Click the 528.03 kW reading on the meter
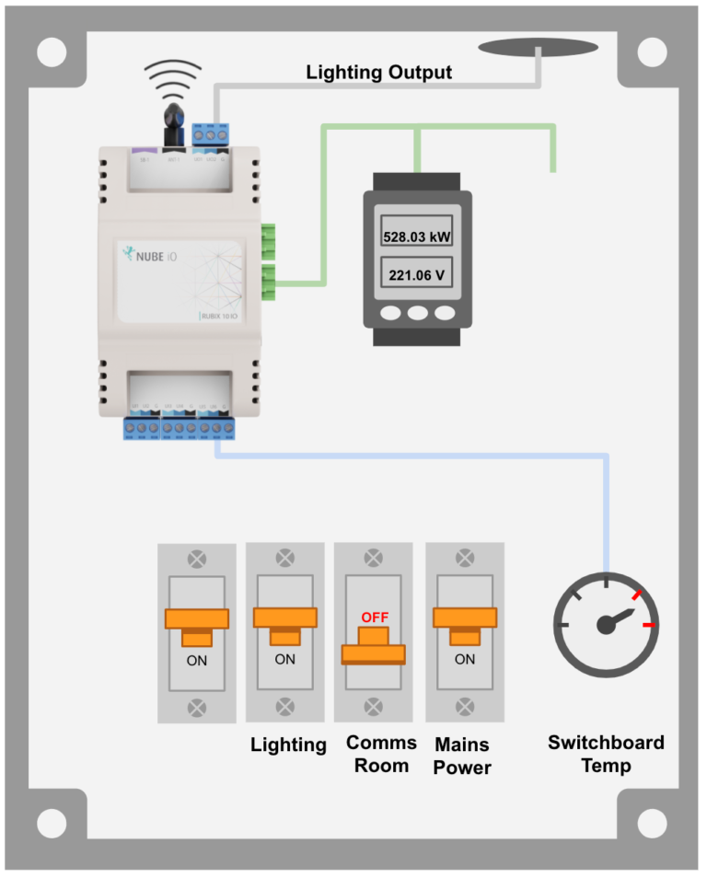pyautogui.click(x=417, y=237)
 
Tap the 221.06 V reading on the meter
pyautogui.click(x=417, y=274)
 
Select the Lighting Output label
pyautogui.click(x=378, y=72)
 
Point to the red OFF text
pyautogui.click(x=374, y=617)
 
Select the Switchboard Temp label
pyautogui.click(x=606, y=754)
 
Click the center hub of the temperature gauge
pyautogui.click(x=606, y=625)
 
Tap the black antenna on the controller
pyautogui.click(x=172, y=121)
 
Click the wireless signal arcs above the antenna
pyautogui.click(x=174, y=78)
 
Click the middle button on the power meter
pyautogui.click(x=418, y=313)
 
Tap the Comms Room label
pyautogui.click(x=381, y=754)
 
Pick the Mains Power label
pyautogui.click(x=462, y=755)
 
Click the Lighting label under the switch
pyautogui.click(x=288, y=745)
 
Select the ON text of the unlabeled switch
pyautogui.click(x=197, y=660)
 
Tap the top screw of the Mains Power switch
pyautogui.click(x=465, y=557)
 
